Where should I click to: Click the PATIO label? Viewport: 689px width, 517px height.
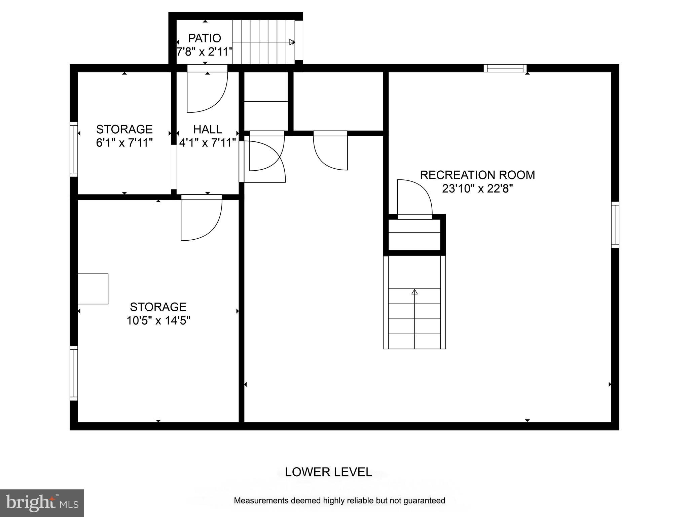pyautogui.click(x=204, y=38)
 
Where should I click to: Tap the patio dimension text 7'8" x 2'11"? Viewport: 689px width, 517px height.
pyautogui.click(x=205, y=52)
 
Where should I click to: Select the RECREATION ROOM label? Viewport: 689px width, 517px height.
pyautogui.click(x=477, y=175)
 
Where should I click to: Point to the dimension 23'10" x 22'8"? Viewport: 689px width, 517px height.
pyautogui.click(x=477, y=189)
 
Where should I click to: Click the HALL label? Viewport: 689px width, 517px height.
pyautogui.click(x=207, y=129)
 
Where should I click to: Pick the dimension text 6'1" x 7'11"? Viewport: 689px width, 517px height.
pyautogui.click(x=124, y=143)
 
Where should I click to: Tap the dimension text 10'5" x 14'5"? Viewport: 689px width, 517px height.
pyautogui.click(x=158, y=320)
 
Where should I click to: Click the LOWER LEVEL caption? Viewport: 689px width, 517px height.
pyautogui.click(x=328, y=472)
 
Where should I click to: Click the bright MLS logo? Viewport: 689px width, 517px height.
pyautogui.click(x=42, y=503)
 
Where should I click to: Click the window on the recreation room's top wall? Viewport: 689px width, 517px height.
pyautogui.click(x=505, y=68)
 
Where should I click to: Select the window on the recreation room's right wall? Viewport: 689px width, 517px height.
pyautogui.click(x=615, y=225)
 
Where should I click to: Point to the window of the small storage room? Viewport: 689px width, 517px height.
pyautogui.click(x=74, y=149)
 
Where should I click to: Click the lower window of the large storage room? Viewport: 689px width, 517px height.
pyautogui.click(x=74, y=373)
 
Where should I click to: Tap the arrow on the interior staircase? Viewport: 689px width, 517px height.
pyautogui.click(x=414, y=292)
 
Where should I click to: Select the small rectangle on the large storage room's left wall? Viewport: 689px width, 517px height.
pyautogui.click(x=93, y=289)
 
